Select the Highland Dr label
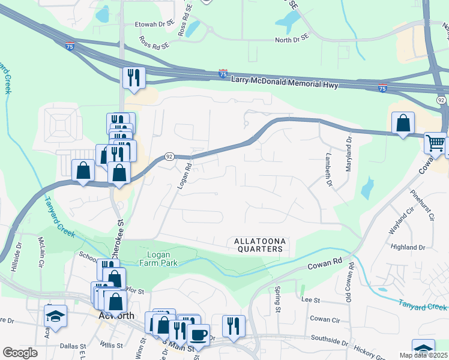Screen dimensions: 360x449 (x=408, y=247)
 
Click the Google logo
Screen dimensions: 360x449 (x=20, y=353)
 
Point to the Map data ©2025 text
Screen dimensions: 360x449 (x=423, y=355)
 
